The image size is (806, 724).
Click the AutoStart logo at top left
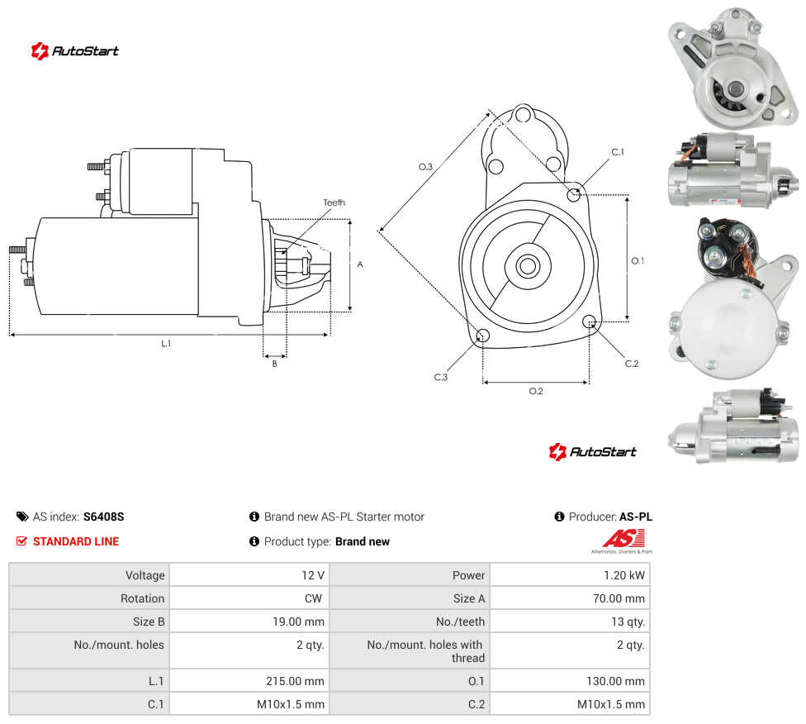pos(74,51)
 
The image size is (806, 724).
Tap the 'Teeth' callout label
pos(334,202)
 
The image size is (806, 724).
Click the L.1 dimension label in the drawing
pos(166,343)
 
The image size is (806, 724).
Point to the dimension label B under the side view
pos(274,364)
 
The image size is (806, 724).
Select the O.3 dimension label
pos(425,167)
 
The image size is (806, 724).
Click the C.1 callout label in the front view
pos(618,152)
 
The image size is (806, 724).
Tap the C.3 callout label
pos(441,377)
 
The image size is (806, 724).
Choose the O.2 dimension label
pos(536,391)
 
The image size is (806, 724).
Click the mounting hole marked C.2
pos(590,322)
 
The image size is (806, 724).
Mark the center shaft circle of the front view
pos(528,266)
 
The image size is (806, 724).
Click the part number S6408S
pos(104,517)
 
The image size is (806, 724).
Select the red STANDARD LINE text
pos(76,541)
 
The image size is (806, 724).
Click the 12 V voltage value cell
pos(312,575)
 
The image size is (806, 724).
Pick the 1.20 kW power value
pos(624,575)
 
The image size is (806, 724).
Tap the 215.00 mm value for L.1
pos(295,681)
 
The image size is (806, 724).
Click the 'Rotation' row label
pos(142,598)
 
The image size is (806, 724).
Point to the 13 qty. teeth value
pos(628,622)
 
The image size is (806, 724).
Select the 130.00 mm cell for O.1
pos(615,681)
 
